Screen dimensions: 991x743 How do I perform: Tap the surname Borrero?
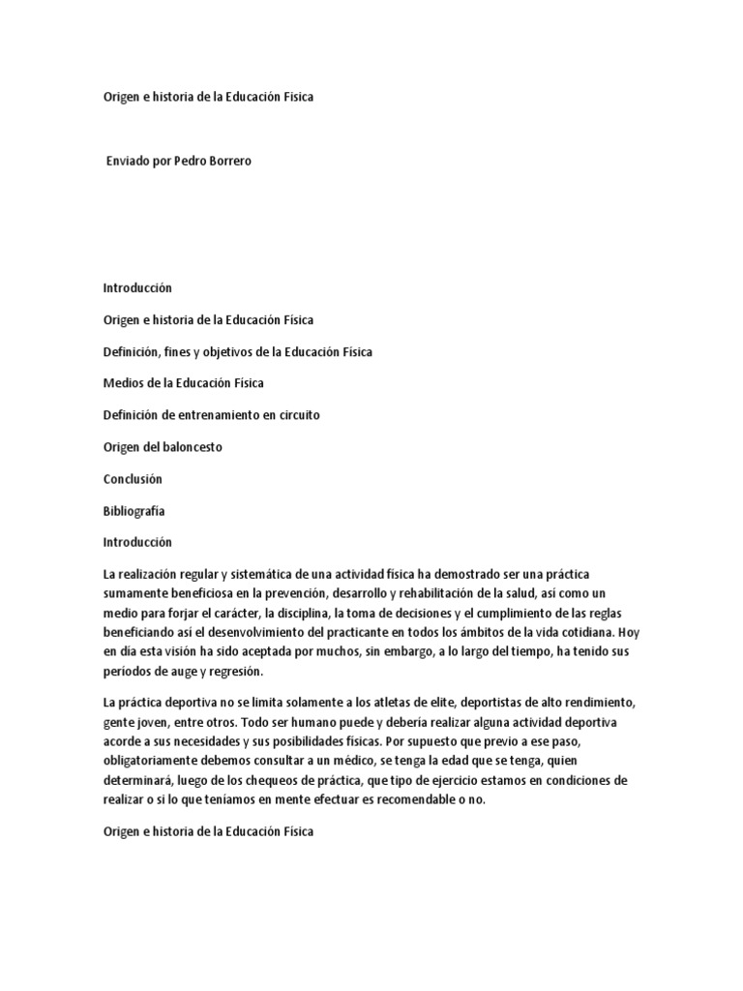pos(232,161)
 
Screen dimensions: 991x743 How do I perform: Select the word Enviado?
pos(129,161)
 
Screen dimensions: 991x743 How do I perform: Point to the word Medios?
pos(122,383)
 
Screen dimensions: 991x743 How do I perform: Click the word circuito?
pos(298,414)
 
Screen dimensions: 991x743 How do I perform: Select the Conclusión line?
pos(133,479)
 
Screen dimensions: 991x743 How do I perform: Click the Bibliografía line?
pos(134,510)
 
